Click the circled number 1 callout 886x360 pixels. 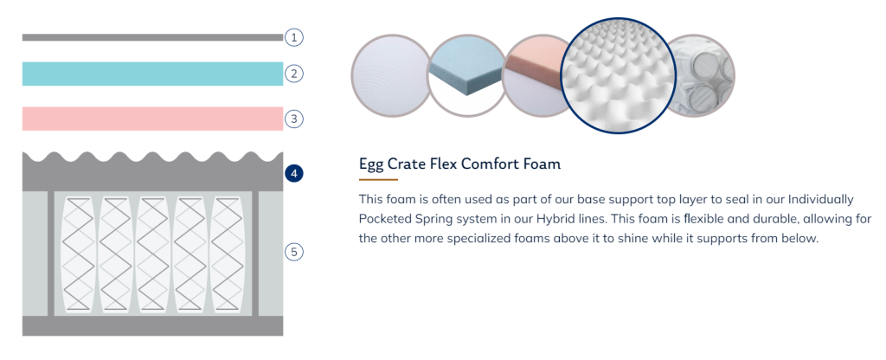point(294,38)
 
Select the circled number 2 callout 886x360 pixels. point(294,74)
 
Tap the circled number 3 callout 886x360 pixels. point(294,119)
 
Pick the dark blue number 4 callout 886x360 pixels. point(294,173)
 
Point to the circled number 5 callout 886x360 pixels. point(294,252)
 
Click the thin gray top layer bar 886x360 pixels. point(152,37)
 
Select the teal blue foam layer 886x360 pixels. point(152,74)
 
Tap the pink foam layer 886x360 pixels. point(152,119)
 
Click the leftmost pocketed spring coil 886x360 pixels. point(79,254)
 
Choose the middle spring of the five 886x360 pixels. point(152,254)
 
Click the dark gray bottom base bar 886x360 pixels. point(152,326)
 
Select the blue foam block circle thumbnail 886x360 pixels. point(466,76)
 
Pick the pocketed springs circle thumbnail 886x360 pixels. point(701,76)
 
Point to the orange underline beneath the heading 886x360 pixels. point(379,180)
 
